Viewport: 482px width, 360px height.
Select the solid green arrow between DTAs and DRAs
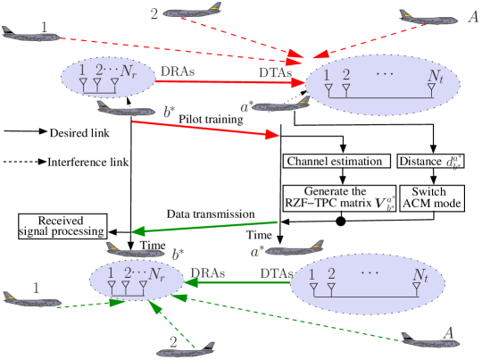pos(237,282)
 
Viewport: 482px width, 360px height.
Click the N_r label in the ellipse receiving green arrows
pos(158,273)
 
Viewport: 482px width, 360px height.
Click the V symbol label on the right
pos(385,204)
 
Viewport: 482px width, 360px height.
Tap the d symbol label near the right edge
pos(453,163)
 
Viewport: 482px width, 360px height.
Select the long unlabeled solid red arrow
pos(205,128)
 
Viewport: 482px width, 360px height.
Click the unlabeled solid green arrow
pos(205,227)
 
